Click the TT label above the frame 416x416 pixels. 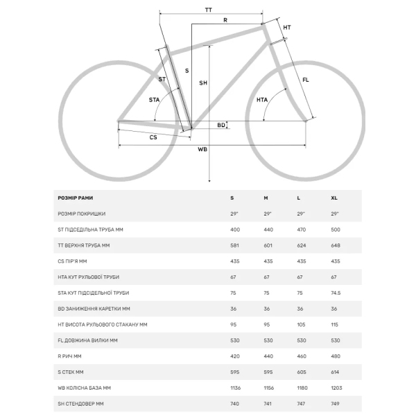coord(209,9)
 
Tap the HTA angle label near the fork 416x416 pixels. coord(262,100)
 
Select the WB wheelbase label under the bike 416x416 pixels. coord(202,149)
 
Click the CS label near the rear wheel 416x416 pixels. coord(153,137)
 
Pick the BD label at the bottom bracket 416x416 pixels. coord(221,125)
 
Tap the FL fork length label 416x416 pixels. coord(306,80)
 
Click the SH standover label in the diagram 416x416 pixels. coord(203,83)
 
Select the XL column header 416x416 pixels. coord(335,198)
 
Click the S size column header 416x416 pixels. coord(232,198)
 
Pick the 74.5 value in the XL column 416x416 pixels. coord(336,293)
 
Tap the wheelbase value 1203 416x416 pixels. coord(337,388)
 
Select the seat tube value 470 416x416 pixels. coord(302,229)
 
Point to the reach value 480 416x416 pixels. coord(336,356)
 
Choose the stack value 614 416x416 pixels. coord(336,372)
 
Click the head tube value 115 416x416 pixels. coord(335,324)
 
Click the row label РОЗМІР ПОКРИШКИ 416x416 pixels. coord(82,214)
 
